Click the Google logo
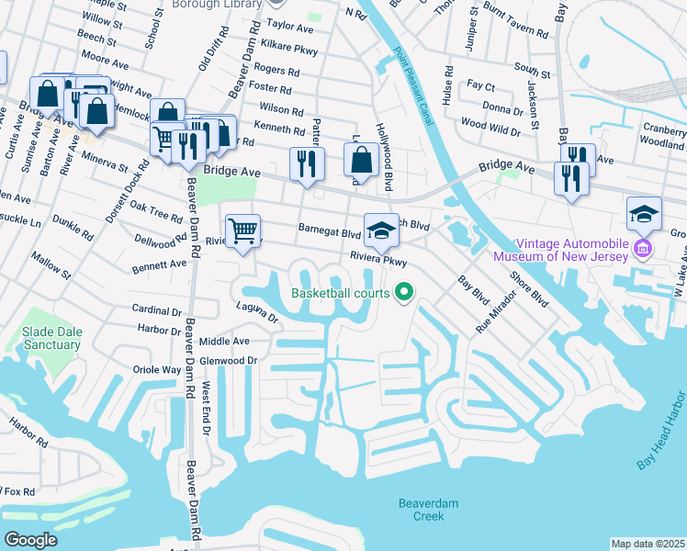(x=30, y=540)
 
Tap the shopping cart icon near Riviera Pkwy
(x=243, y=230)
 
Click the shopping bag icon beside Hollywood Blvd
(x=362, y=160)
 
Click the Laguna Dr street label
(x=256, y=312)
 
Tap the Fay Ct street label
(x=480, y=85)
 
